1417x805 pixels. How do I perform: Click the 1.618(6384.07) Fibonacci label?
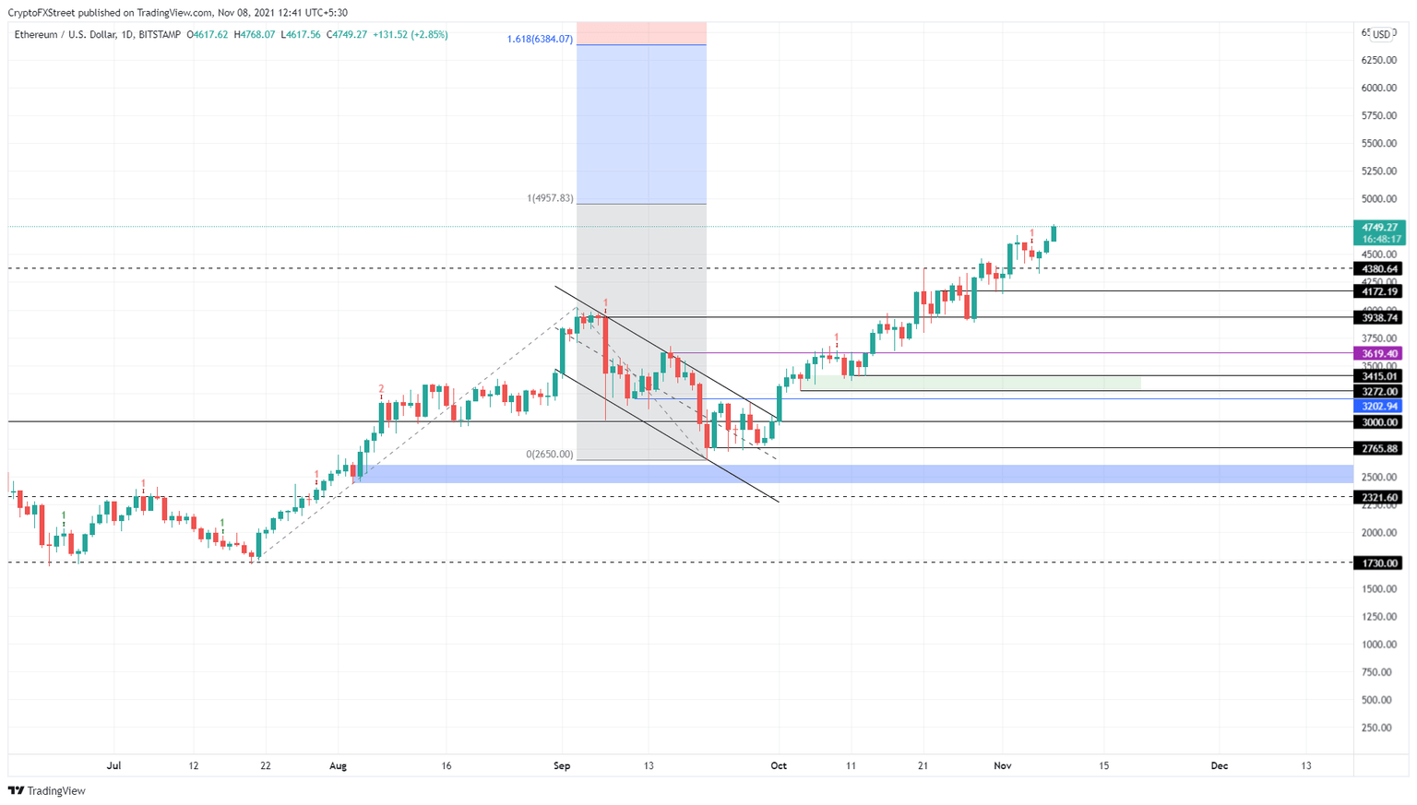coord(540,40)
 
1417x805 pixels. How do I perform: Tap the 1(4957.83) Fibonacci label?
coord(550,198)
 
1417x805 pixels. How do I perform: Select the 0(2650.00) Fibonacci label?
coord(549,455)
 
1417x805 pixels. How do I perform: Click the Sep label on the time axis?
coord(562,765)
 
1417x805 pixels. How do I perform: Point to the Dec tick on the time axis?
coord(1220,765)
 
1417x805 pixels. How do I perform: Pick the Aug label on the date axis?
coord(338,765)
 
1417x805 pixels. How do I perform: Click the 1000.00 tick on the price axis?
coord(1378,645)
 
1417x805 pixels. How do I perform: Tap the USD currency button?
coord(1381,34)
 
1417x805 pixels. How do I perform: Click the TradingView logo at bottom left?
coord(47,790)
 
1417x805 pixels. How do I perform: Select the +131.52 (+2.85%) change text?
coord(410,34)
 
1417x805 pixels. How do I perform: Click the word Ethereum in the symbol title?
coord(36,34)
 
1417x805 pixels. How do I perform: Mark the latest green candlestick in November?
coord(1054,233)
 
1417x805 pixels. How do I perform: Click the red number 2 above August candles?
coord(381,389)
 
